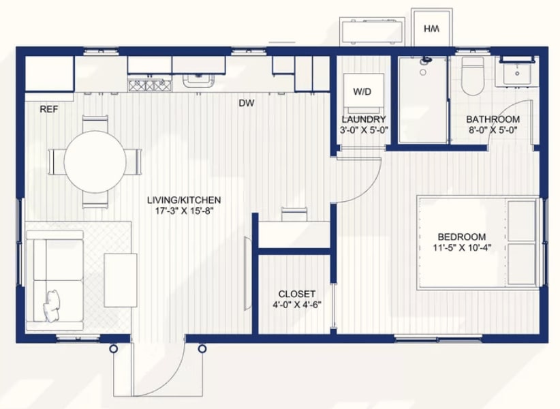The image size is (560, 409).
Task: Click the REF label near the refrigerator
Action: pos(48,109)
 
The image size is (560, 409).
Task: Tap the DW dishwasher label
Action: pos(247,103)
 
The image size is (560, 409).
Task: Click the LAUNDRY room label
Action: pos(364,119)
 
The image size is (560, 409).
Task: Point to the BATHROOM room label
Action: pos(493,119)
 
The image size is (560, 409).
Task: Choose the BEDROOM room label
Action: pos(461,237)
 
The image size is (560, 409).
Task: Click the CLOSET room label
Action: pos(297,294)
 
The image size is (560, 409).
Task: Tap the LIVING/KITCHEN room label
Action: pos(184,200)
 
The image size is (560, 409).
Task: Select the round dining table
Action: pos(95,162)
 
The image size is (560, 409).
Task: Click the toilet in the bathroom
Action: pos(473,76)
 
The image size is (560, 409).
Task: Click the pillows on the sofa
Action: pos(51,305)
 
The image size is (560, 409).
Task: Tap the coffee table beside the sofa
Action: pos(121,280)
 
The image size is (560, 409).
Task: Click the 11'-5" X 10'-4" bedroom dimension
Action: pos(462,247)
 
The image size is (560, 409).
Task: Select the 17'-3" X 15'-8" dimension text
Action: pos(184,211)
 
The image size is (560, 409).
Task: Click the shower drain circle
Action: pos(423,72)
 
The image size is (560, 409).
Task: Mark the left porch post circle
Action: pos(113,348)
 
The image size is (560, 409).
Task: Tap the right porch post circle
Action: pos(202,348)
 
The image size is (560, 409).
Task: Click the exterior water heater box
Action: pos(432,28)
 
